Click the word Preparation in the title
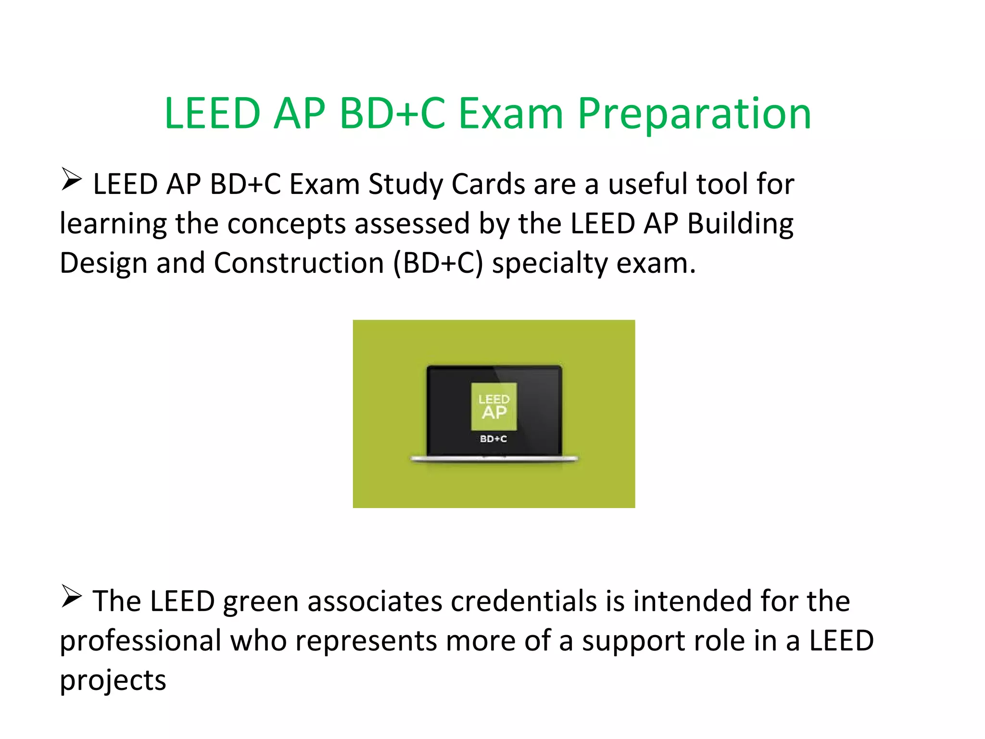(x=694, y=114)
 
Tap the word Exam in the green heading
(x=510, y=114)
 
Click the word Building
(x=740, y=224)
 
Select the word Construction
(x=298, y=263)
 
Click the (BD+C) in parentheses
(x=438, y=264)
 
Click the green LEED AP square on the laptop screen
(x=494, y=407)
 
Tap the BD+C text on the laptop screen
(x=493, y=439)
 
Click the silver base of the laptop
(x=494, y=459)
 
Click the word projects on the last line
(x=113, y=681)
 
